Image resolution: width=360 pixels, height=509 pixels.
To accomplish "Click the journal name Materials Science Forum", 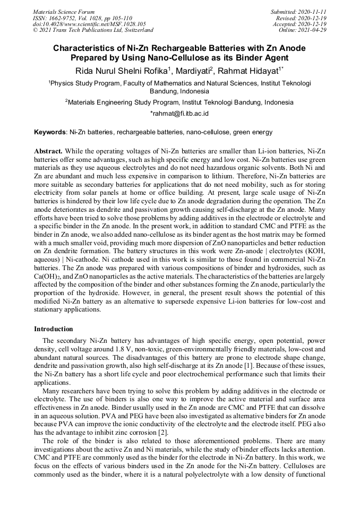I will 64,12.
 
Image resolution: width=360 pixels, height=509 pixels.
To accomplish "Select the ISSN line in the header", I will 82,18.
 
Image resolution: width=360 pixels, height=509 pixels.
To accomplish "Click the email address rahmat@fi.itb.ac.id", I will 181,113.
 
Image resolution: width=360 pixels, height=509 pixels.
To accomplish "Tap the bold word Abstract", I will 48,151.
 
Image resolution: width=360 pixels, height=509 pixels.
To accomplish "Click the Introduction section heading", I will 54,329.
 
